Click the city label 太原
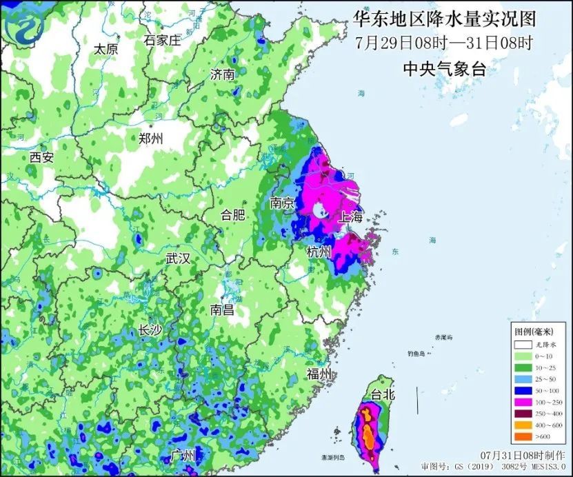106,49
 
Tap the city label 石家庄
162,40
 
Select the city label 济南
223,74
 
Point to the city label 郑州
151,138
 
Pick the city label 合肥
232,214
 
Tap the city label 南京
283,203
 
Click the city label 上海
348,216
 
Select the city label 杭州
319,252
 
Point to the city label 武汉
177,258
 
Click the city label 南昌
222,309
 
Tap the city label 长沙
150,330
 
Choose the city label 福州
319,374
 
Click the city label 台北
382,395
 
